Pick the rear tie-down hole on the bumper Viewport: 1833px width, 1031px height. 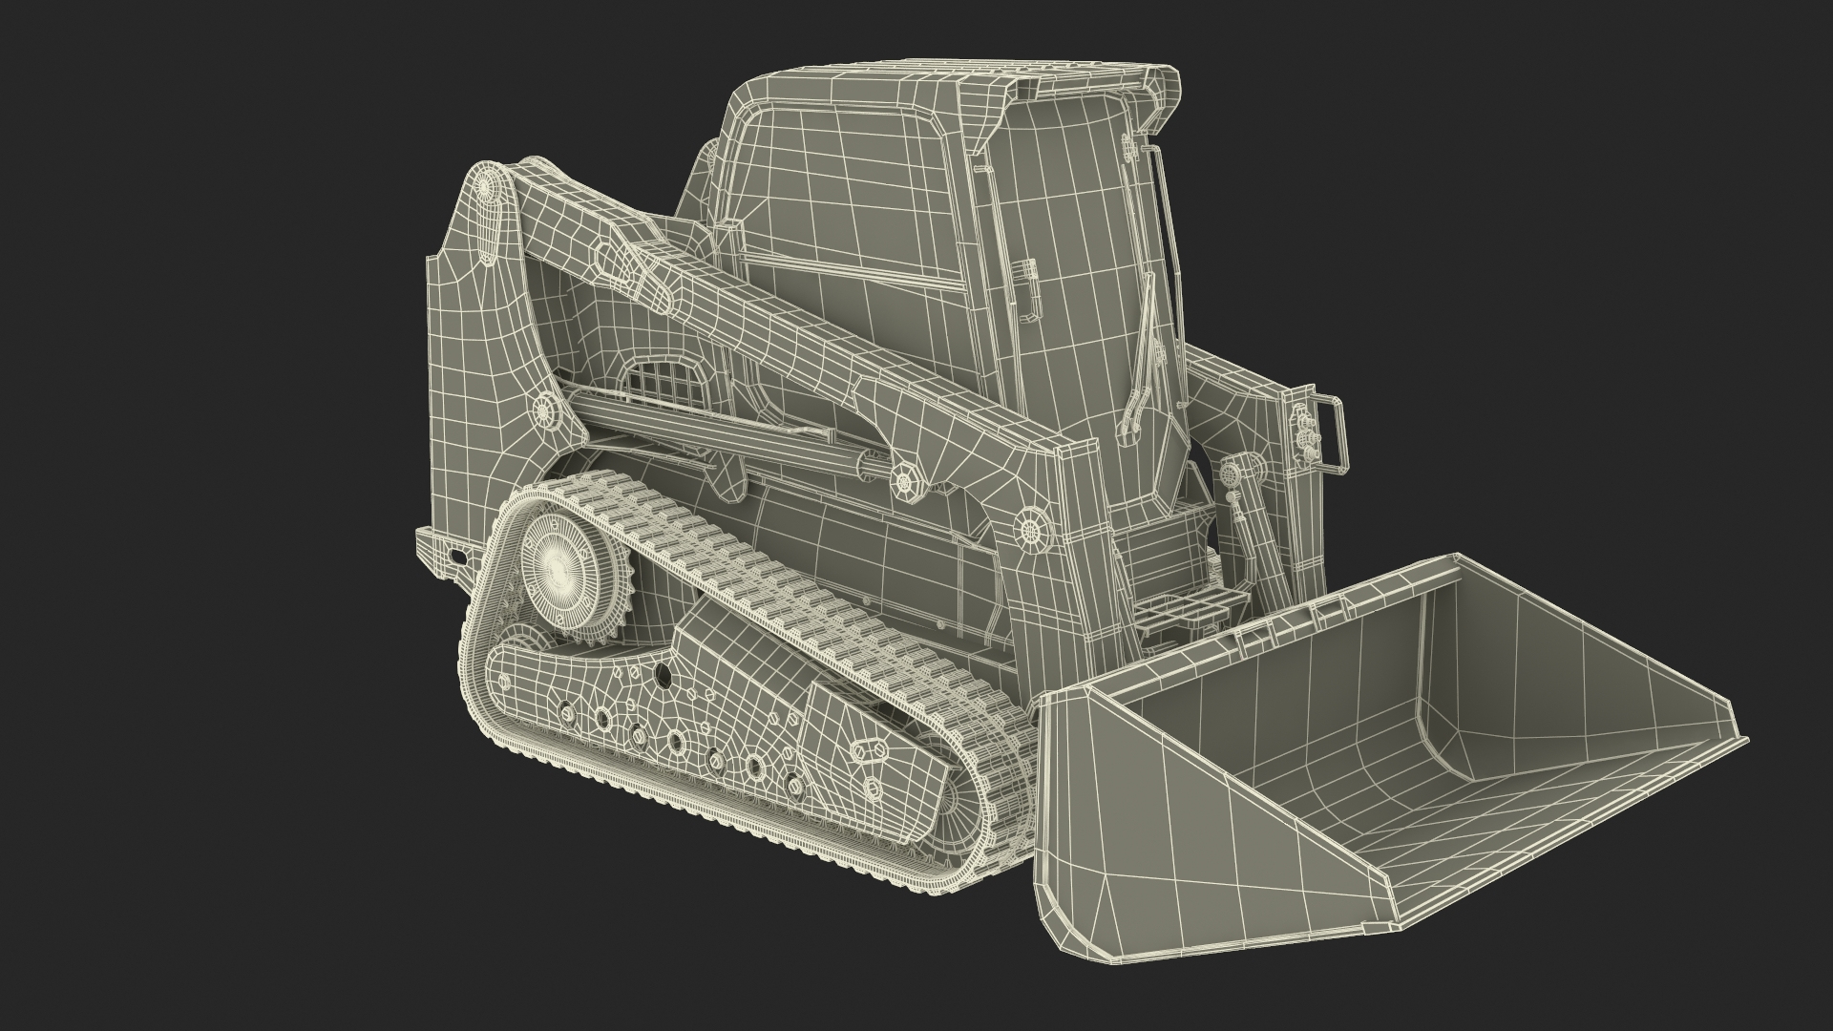pyautogui.click(x=459, y=556)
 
